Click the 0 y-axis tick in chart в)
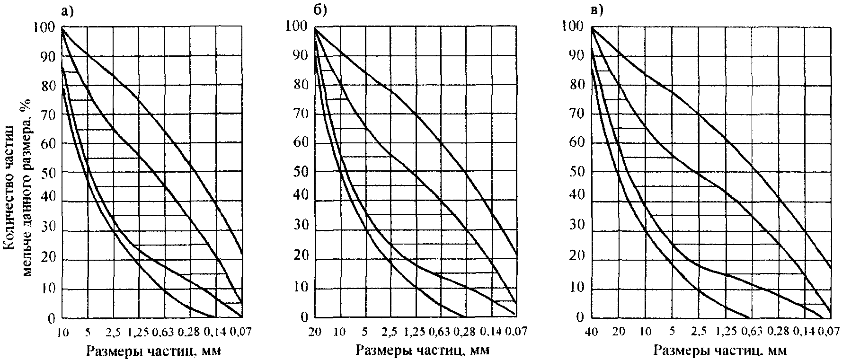pyautogui.click(x=580, y=317)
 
